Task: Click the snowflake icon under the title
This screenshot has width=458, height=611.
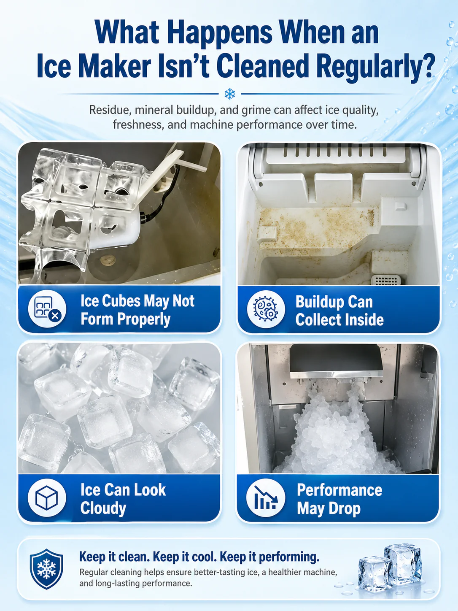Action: click(230, 94)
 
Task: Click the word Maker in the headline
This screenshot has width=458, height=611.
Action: click(115, 68)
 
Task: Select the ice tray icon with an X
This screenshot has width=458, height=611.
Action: click(47, 308)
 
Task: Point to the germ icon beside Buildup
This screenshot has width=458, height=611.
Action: click(266, 309)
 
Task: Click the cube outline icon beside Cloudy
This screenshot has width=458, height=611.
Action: click(47, 497)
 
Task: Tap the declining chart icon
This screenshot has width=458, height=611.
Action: click(266, 498)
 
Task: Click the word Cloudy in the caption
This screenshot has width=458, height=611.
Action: click(103, 508)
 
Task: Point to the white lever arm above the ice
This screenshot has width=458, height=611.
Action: click(164, 170)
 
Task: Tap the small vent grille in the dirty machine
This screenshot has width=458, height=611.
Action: click(386, 280)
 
